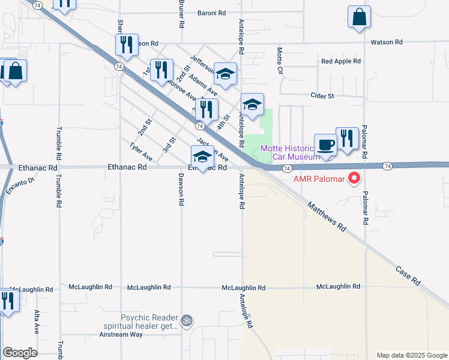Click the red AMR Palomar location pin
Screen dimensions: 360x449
354,179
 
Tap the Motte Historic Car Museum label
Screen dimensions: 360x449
287,152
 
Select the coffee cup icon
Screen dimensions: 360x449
325,145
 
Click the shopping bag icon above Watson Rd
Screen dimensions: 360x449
359,18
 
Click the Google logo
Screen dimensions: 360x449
20,353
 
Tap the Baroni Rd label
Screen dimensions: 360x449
212,13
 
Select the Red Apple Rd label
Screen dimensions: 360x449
340,61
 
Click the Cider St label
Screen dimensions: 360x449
322,95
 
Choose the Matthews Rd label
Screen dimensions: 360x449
327,217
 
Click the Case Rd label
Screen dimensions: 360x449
408,274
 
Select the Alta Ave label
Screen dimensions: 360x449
37,322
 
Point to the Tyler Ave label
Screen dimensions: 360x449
141,152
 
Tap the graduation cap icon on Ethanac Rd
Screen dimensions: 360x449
202,158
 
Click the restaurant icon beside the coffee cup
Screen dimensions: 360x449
347,139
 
